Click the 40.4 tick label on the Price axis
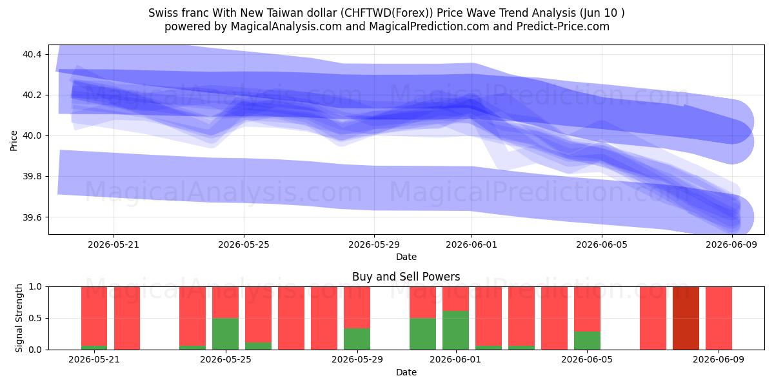[x=32, y=54]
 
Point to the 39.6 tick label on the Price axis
[x=32, y=217]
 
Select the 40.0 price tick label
[x=32, y=136]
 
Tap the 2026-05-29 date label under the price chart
[x=374, y=245]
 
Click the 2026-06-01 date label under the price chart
[x=471, y=245]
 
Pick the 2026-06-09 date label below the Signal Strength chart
[x=719, y=360]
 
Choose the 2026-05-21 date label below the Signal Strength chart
[x=94, y=360]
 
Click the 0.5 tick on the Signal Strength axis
[x=35, y=318]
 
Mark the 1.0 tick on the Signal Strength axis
[x=35, y=287]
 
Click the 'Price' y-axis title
[x=14, y=141]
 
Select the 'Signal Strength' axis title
[x=19, y=318]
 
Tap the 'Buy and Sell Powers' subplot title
[x=406, y=277]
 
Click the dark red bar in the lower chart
[x=686, y=318]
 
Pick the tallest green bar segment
[x=455, y=330]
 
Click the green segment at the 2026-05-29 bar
[x=357, y=339]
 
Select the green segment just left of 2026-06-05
[x=587, y=341]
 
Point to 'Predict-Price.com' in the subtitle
[x=563, y=26]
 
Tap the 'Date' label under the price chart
[x=406, y=257]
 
